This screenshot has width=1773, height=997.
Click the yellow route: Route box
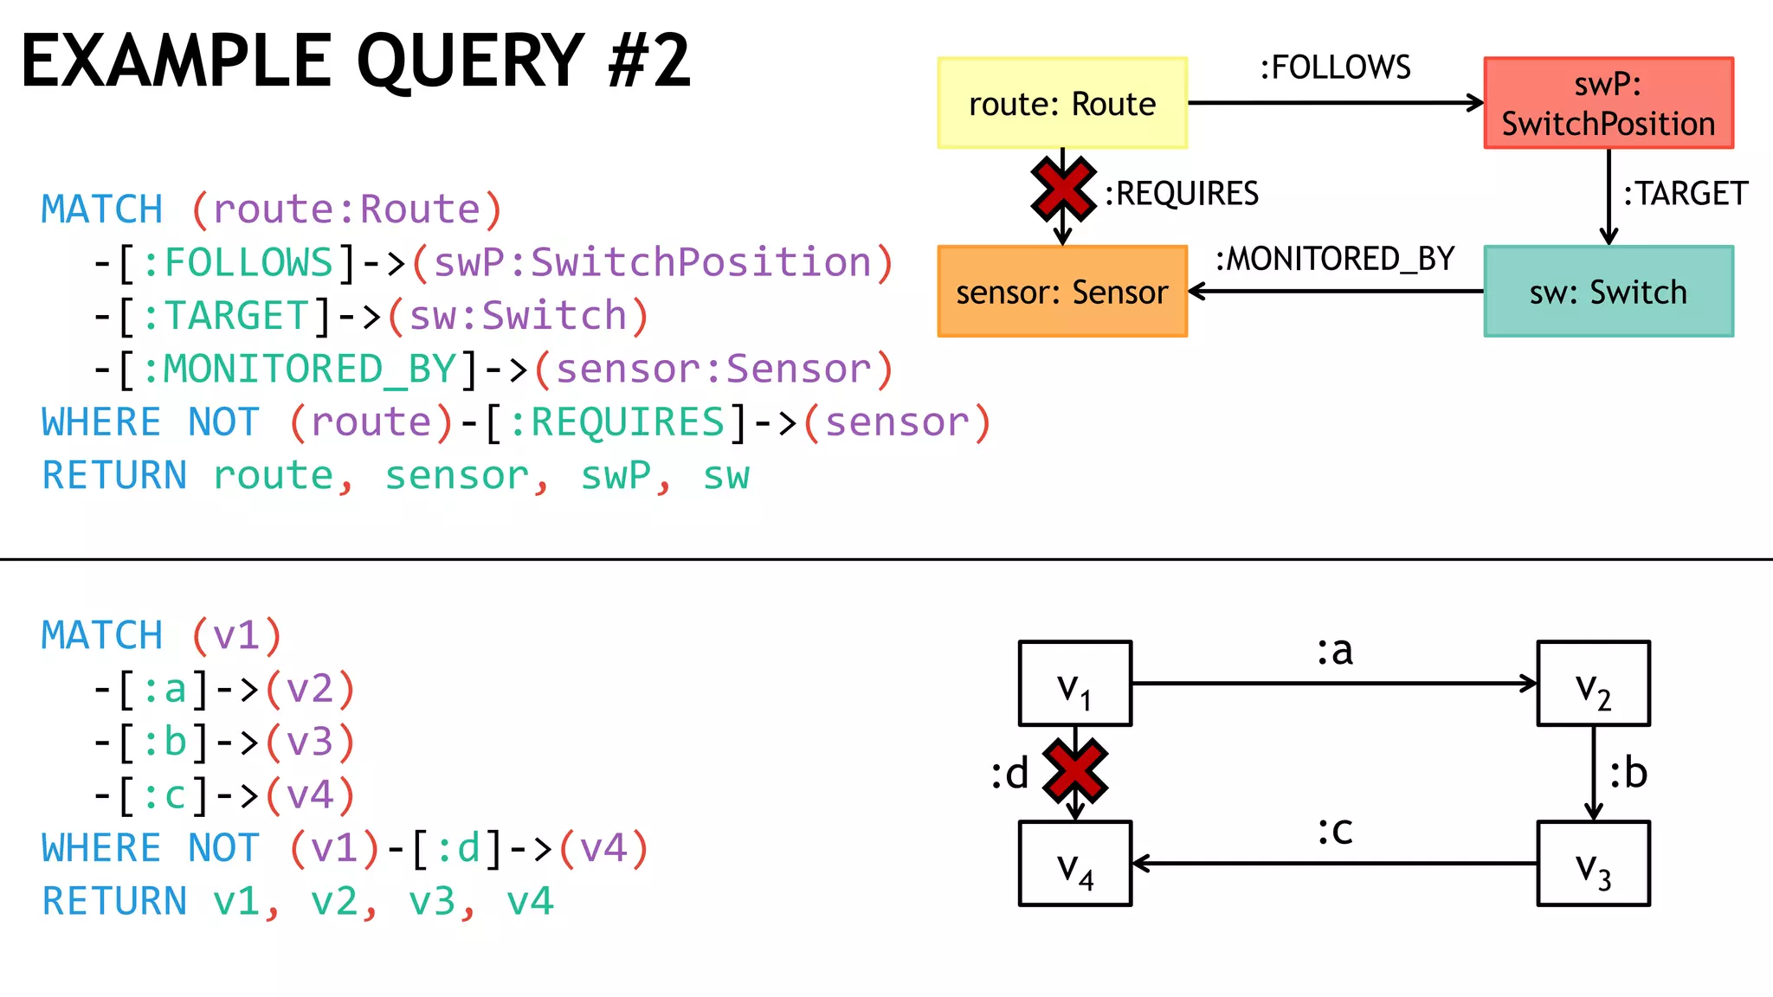pyautogui.click(x=1062, y=103)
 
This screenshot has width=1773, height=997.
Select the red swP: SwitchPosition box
pyautogui.click(x=1609, y=103)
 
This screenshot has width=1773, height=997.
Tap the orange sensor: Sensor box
pyautogui.click(x=1062, y=292)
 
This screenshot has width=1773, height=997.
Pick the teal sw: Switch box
pyautogui.click(x=1609, y=292)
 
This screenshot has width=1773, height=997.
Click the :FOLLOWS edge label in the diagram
pyautogui.click(x=1335, y=68)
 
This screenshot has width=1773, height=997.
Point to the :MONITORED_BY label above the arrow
pyautogui.click(x=1335, y=259)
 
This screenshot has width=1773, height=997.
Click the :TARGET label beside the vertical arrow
pyautogui.click(x=1685, y=194)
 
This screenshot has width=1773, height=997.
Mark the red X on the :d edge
pyautogui.click(x=1074, y=770)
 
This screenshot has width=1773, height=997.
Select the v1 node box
pyautogui.click(x=1074, y=684)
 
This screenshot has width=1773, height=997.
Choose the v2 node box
pyautogui.click(x=1593, y=684)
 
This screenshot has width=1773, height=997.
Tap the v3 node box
pyautogui.click(x=1593, y=864)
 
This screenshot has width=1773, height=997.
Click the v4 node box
pyautogui.click(x=1074, y=864)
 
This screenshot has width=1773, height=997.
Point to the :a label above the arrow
pyautogui.click(x=1335, y=651)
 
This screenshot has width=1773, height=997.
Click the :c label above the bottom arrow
pyautogui.click(x=1335, y=831)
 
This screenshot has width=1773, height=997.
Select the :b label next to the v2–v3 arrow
pyautogui.click(x=1628, y=772)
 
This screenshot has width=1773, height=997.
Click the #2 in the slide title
pyautogui.click(x=648, y=61)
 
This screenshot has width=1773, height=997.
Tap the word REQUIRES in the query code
pyautogui.click(x=627, y=423)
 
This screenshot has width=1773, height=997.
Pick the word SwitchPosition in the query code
pyautogui.click(x=700, y=262)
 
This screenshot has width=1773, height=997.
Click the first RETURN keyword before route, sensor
pyautogui.click(x=114, y=476)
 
